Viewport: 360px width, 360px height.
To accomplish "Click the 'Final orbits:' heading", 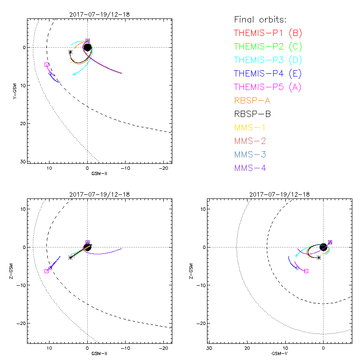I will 261,20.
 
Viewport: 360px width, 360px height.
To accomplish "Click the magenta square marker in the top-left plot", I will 47,65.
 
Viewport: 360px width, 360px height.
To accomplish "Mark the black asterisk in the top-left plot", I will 70,52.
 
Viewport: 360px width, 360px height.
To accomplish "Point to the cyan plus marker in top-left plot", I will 74,74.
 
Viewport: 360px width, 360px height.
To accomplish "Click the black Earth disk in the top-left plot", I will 87,47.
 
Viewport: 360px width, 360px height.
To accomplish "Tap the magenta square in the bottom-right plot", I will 306,271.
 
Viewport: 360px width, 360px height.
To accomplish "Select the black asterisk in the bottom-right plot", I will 319,257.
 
